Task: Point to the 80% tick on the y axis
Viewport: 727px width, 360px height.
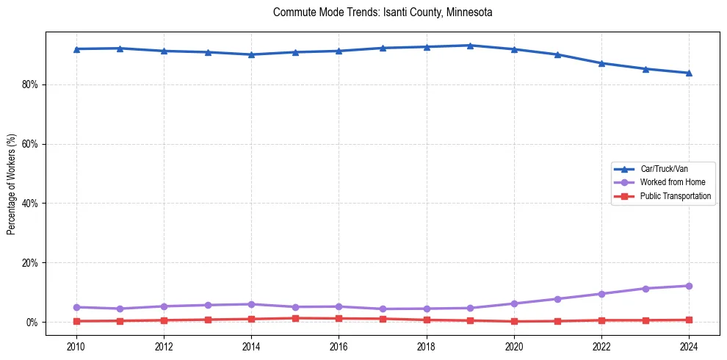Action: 31,84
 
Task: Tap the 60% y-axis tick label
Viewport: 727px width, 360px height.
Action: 31,144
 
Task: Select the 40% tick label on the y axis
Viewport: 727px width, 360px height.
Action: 31,204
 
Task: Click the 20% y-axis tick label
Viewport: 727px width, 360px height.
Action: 31,263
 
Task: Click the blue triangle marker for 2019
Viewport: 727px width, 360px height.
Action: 470,46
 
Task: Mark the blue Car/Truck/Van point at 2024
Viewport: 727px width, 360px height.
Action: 688,73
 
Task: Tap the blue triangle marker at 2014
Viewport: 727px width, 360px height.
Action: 251,54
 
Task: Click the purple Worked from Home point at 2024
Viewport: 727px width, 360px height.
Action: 688,286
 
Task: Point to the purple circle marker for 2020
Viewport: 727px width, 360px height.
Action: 514,303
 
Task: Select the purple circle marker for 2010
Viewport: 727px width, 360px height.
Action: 76,307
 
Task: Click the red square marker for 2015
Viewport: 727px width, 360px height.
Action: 295,318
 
